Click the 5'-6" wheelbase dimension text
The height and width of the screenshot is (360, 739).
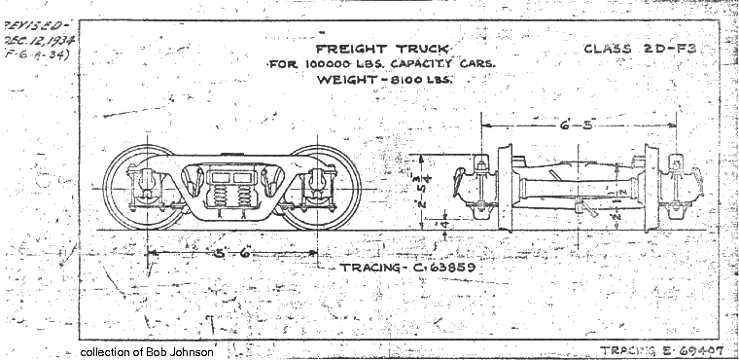tap(233, 252)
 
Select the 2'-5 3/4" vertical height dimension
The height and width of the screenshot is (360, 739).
tap(431, 192)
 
